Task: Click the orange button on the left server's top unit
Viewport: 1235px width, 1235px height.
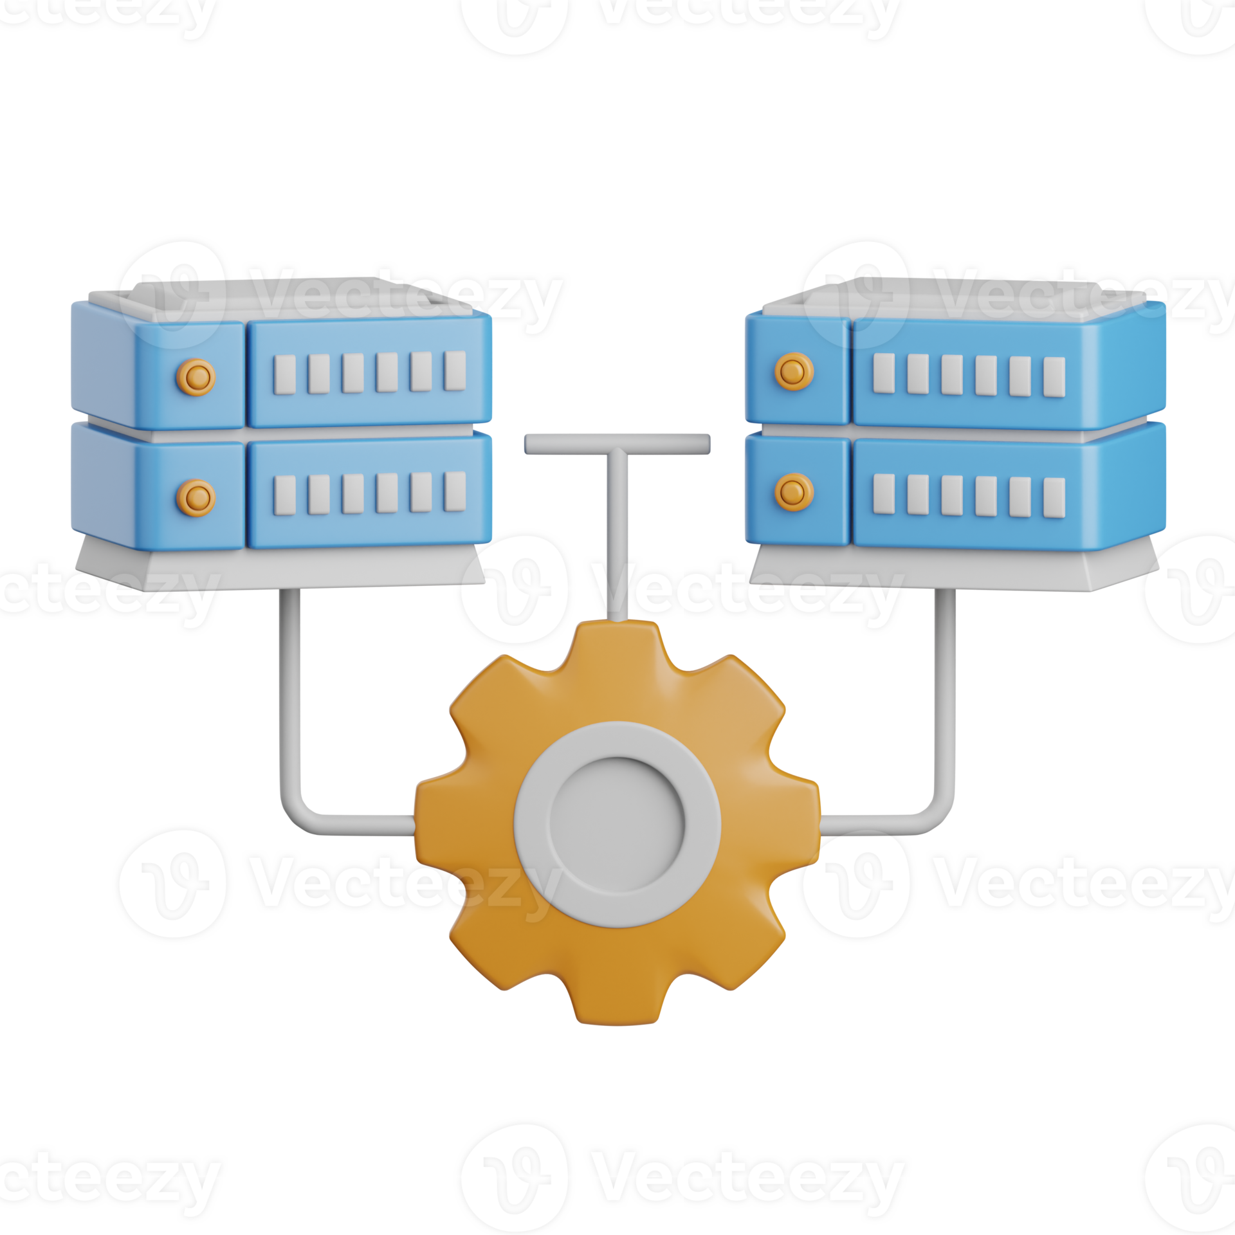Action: (196, 376)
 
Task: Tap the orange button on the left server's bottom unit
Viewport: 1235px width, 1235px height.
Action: (196, 497)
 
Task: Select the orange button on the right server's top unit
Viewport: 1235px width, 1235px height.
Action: (794, 371)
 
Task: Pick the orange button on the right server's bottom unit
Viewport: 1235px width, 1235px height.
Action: (794, 492)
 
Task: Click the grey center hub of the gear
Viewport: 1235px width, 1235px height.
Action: (617, 823)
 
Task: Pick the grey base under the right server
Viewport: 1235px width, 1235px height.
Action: (952, 570)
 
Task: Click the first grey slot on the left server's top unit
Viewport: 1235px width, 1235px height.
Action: (284, 374)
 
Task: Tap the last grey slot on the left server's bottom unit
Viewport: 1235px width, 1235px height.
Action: (455, 491)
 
